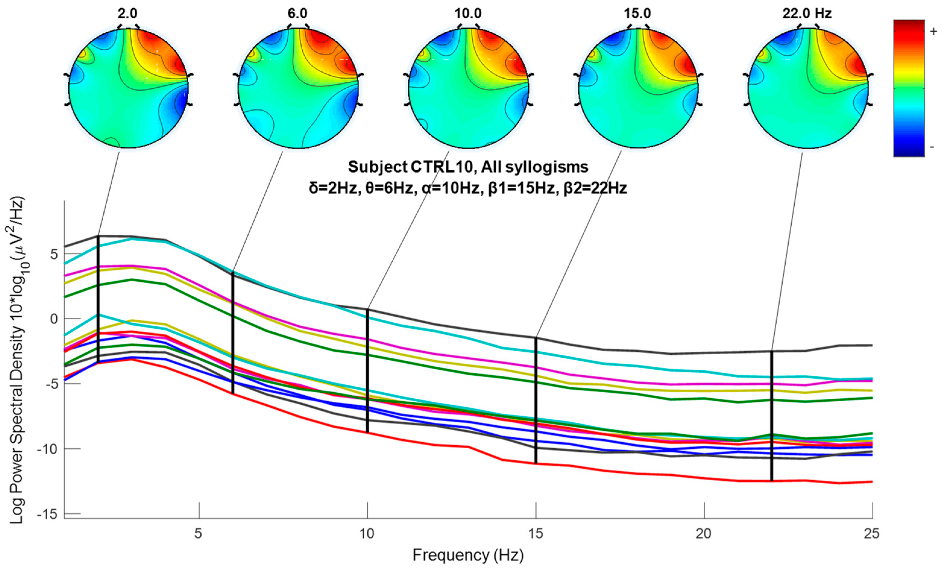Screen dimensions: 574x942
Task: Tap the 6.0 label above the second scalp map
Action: [x=297, y=14]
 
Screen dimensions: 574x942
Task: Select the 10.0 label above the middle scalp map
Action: [x=468, y=14]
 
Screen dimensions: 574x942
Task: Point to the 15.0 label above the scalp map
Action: [x=637, y=14]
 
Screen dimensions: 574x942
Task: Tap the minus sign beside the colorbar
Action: [x=932, y=147]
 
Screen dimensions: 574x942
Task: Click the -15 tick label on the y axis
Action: [x=47, y=514]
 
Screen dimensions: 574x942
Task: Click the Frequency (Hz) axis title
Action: [x=468, y=555]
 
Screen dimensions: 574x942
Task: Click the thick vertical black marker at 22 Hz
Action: [x=771, y=416]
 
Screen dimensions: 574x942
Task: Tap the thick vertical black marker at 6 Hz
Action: [x=232, y=332]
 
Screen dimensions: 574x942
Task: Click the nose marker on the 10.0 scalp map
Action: [x=468, y=26]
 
